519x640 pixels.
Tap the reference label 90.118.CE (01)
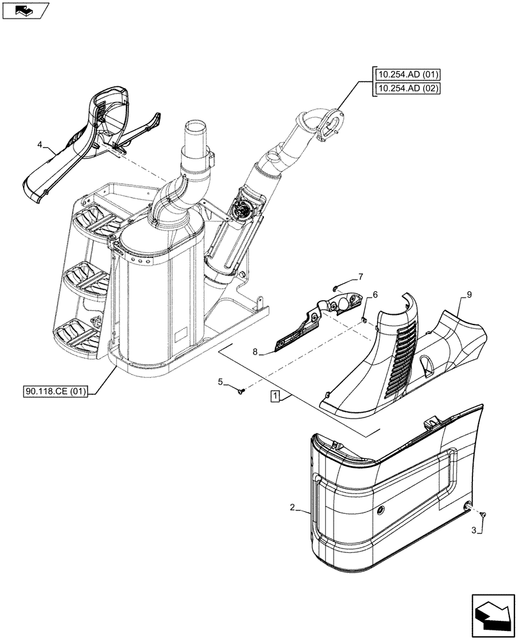(59, 389)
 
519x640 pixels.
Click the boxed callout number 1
(274, 396)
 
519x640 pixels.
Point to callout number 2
(291, 508)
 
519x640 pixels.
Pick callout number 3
(473, 531)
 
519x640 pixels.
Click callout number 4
(40, 145)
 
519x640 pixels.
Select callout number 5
(221, 382)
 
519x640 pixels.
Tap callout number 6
(375, 294)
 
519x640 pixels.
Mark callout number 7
(360, 276)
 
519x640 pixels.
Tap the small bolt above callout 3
(483, 515)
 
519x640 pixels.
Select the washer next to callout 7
(338, 288)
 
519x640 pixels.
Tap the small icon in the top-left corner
(25, 10)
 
